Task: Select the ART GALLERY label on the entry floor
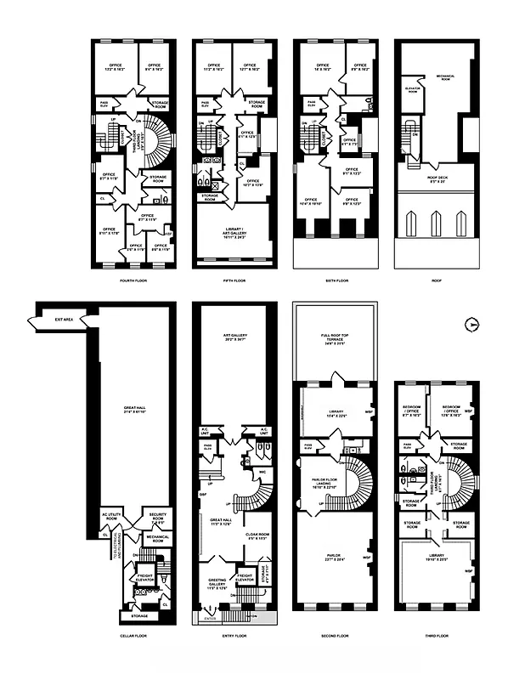(235, 337)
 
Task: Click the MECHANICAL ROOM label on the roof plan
(447, 76)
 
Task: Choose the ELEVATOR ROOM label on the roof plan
(413, 89)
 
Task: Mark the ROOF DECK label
(436, 179)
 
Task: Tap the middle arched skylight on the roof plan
(436, 223)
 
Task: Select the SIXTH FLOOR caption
(336, 280)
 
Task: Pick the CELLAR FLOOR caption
(133, 635)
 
